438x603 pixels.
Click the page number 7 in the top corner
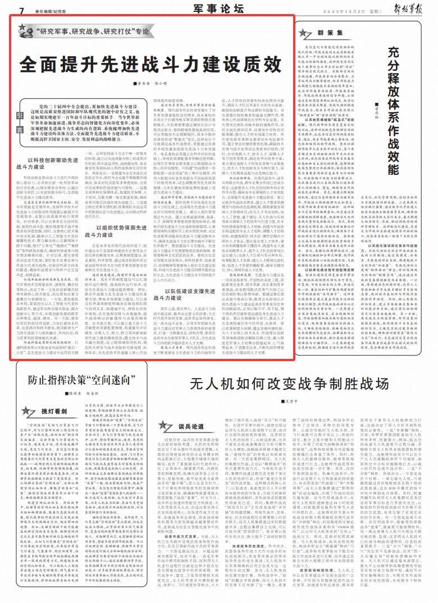20,11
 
